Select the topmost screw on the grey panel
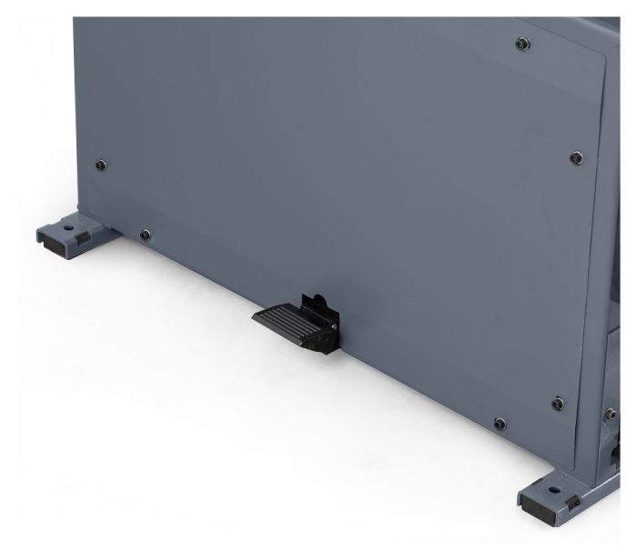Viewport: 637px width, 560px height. (x=520, y=43)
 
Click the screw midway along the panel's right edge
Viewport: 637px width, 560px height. (x=575, y=158)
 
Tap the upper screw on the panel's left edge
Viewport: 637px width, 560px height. (x=100, y=165)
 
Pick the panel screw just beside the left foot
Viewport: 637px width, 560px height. (x=145, y=235)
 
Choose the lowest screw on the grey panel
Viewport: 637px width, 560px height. (x=498, y=423)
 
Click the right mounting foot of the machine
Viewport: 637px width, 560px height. (x=555, y=498)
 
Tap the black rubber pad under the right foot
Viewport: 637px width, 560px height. (x=537, y=513)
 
